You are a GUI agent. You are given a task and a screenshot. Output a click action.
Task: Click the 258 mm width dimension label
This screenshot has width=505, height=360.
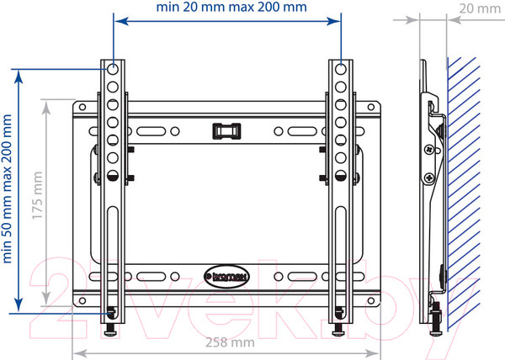click(230, 342)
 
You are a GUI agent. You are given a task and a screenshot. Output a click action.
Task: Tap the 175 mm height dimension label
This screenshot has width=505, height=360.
click(37, 195)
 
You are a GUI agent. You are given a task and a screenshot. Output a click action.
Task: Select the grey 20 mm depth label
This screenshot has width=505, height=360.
click(480, 8)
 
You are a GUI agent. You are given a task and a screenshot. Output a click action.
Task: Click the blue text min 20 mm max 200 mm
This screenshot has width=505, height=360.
click(231, 7)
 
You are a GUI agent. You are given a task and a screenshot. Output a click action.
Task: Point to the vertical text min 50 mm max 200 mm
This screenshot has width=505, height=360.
click(7, 189)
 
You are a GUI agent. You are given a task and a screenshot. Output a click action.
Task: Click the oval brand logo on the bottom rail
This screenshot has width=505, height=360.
click(226, 277)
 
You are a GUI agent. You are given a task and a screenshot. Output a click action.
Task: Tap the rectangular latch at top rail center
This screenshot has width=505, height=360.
click(226, 131)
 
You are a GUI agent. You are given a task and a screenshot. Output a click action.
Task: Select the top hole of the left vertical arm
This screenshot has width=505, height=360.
click(113, 69)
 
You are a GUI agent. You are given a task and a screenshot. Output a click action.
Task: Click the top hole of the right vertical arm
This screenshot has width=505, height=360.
click(340, 69)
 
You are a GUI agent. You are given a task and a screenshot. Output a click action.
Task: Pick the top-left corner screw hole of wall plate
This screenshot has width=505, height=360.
click(82, 107)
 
